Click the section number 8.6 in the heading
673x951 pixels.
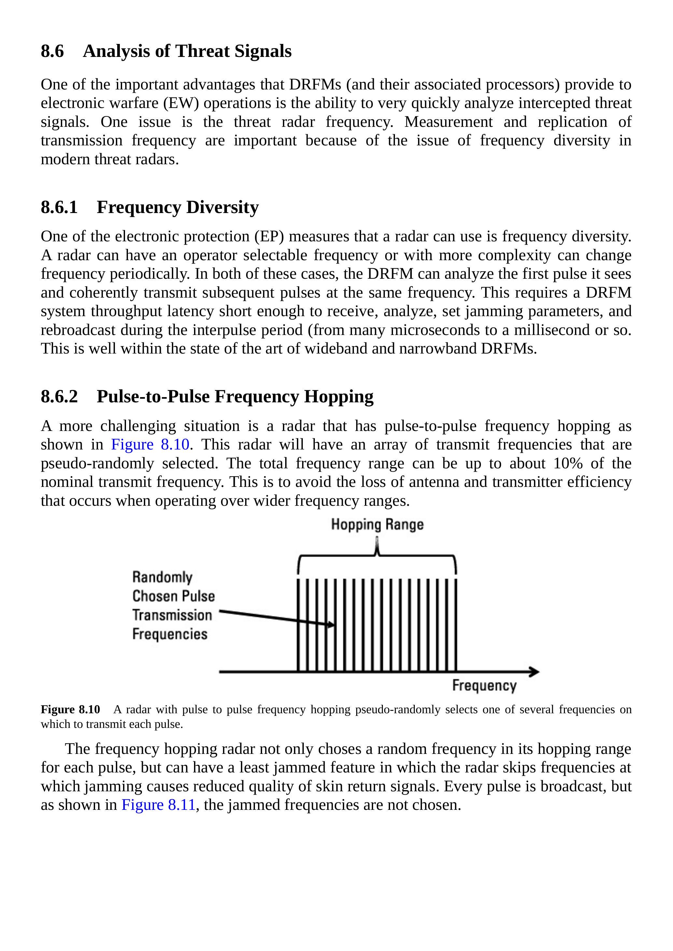tap(52, 51)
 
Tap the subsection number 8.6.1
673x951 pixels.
tap(59, 207)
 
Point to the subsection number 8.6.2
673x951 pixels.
tap(59, 396)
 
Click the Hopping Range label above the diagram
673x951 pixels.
tap(377, 525)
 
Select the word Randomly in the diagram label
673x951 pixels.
tap(162, 577)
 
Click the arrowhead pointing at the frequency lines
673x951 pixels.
tap(331, 624)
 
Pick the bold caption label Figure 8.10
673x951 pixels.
tap(71, 710)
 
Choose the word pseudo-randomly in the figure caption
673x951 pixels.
tap(398, 710)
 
